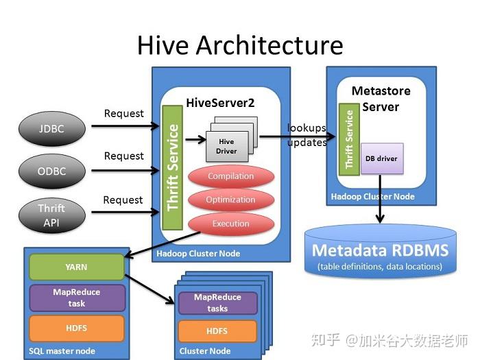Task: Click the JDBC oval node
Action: click(x=51, y=128)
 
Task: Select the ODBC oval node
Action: click(x=51, y=170)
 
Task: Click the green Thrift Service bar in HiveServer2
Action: click(x=172, y=168)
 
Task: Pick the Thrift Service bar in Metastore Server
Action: click(x=349, y=139)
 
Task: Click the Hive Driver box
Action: click(x=226, y=146)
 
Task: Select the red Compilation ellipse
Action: click(x=230, y=176)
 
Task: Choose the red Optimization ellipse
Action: click(x=230, y=200)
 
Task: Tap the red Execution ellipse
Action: click(x=230, y=224)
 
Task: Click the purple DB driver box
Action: click(x=381, y=158)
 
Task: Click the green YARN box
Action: click(x=76, y=267)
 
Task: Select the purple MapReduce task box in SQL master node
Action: click(x=76, y=298)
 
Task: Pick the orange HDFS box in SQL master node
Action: click(x=76, y=328)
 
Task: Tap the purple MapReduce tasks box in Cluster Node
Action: click(x=217, y=302)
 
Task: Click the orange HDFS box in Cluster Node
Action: click(x=217, y=331)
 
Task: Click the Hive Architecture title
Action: click(x=239, y=45)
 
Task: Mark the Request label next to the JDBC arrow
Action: click(x=124, y=113)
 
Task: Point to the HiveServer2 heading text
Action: click(x=220, y=103)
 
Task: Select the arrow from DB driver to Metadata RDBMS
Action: click(x=380, y=199)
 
